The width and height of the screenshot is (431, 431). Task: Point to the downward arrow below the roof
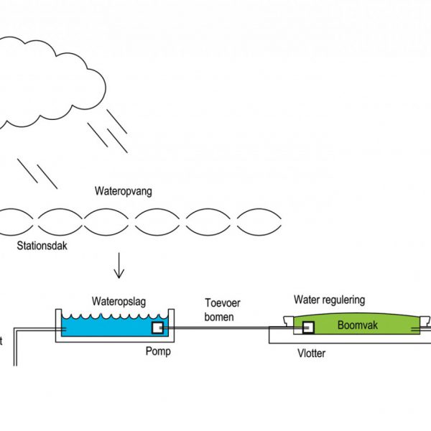point(119,268)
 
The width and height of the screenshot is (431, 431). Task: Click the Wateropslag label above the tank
point(119,302)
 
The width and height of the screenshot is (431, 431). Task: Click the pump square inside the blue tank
point(157,328)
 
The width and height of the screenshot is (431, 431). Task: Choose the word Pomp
point(157,353)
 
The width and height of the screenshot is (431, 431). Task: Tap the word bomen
point(220,317)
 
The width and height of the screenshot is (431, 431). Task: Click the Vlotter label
point(310,353)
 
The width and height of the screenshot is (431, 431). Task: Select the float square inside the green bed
point(308,328)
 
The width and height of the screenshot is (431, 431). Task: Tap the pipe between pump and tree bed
point(230,329)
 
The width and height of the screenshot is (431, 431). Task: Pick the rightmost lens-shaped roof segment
point(259,222)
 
